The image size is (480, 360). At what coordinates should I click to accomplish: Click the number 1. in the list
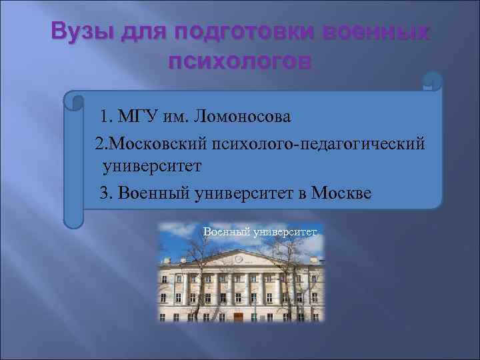tap(106, 118)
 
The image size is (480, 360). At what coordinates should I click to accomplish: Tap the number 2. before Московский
tap(101, 143)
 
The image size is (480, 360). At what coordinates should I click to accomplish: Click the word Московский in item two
tap(156, 143)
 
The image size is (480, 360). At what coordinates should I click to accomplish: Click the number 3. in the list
tap(106, 193)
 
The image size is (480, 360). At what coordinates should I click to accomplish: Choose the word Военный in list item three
tap(154, 193)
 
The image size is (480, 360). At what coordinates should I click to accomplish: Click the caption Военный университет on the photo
tap(257, 231)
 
